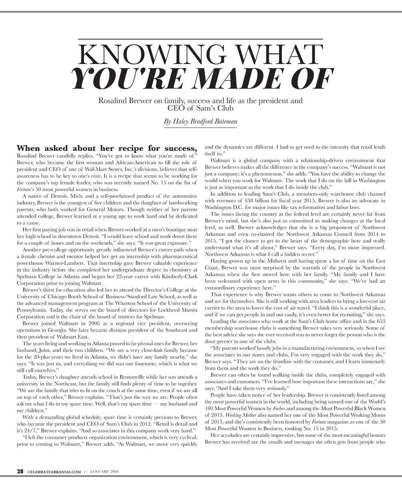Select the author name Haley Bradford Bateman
pos(200,122)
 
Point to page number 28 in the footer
pos(20,471)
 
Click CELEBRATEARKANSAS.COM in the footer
pos(55,472)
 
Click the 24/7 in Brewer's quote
pos(28,430)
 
